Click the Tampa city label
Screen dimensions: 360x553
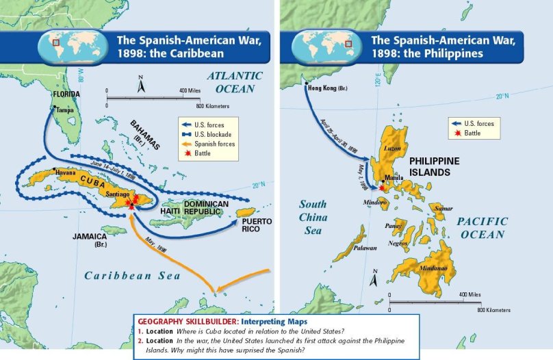65,110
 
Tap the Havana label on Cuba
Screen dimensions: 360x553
57,172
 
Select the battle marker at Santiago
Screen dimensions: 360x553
133,200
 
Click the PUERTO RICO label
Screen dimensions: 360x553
257,224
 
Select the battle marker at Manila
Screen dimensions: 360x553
382,187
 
